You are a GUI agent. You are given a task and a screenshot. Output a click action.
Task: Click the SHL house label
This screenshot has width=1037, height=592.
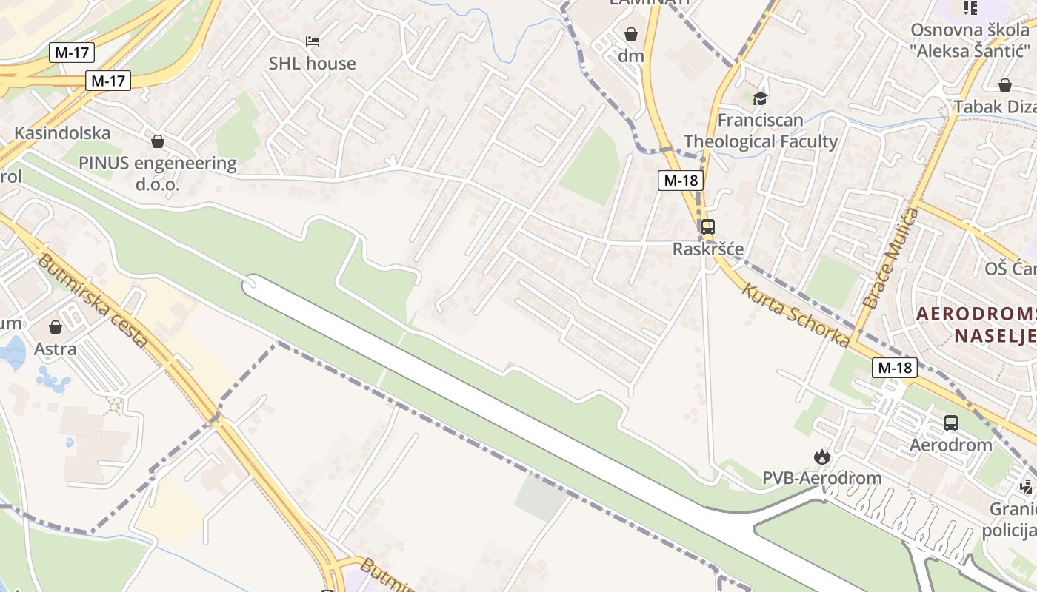click(312, 64)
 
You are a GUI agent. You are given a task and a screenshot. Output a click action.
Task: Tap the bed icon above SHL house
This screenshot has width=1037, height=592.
click(313, 41)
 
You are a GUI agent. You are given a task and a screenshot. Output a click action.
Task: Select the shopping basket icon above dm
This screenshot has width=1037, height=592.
click(631, 34)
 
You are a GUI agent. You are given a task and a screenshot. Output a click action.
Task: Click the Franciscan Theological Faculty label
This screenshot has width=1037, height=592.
click(761, 131)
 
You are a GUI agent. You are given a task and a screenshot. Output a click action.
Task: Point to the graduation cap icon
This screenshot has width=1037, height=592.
click(760, 98)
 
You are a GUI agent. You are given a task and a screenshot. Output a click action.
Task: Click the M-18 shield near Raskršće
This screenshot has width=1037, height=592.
click(680, 180)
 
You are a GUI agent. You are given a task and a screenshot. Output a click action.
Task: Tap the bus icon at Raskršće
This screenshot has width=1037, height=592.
click(708, 227)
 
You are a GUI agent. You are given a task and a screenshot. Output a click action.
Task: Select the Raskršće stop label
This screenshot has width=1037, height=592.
click(708, 249)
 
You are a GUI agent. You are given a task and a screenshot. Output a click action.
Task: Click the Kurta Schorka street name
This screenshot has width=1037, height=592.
click(796, 314)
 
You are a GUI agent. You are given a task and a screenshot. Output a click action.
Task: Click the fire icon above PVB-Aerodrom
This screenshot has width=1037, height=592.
click(821, 457)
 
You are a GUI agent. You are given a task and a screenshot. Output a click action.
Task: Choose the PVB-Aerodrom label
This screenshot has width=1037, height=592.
click(822, 478)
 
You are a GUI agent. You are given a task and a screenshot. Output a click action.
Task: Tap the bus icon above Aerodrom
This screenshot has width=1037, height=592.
click(951, 423)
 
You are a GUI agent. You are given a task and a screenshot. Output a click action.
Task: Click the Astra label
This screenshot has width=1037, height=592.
click(56, 349)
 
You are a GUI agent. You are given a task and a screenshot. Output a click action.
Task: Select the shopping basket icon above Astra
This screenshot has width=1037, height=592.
click(56, 326)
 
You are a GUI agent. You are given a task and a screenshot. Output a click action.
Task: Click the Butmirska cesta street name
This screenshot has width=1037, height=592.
click(93, 302)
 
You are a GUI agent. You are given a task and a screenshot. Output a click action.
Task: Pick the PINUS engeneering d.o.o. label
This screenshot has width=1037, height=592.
click(158, 173)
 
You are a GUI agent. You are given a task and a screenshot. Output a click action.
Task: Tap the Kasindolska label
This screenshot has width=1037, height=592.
click(63, 133)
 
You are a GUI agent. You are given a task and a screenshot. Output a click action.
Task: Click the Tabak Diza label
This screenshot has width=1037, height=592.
click(995, 107)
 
